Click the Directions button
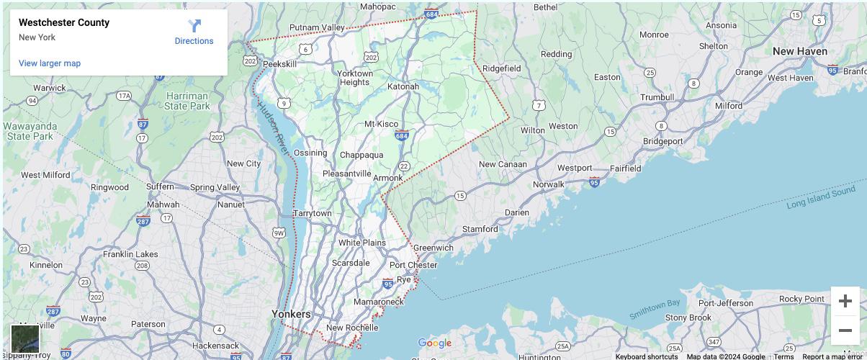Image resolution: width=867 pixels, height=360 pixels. coord(194,32)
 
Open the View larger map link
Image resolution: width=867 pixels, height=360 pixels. coord(50,63)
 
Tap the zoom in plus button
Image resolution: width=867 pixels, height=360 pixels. coord(845,301)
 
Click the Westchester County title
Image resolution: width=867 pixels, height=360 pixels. coord(64,22)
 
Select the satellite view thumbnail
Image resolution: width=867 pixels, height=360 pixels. coord(25,338)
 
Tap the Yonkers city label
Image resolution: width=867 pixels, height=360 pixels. coord(291,314)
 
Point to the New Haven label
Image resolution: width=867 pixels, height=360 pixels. coord(799,51)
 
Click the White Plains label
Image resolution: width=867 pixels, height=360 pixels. coord(362,243)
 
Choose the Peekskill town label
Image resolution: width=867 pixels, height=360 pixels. coord(279,64)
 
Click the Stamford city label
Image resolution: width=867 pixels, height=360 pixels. coord(480,229)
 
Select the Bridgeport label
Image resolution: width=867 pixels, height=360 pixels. coord(662,141)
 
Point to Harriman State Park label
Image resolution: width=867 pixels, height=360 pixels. coord(187,101)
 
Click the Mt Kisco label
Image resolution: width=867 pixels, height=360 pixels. coord(381,124)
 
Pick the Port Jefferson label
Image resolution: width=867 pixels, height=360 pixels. coord(725,303)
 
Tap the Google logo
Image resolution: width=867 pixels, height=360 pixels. coord(434,343)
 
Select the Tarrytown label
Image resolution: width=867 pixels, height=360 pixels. coord(313,213)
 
